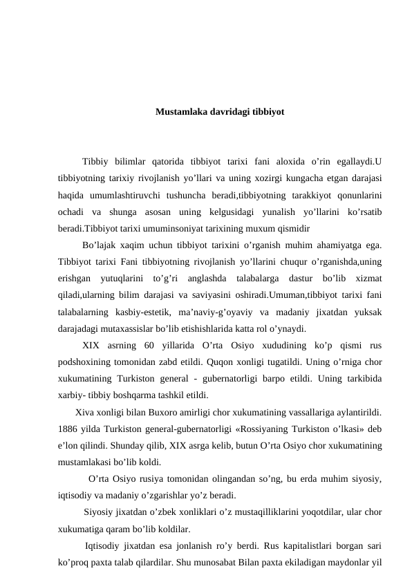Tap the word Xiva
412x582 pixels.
pyautogui.click(x=86, y=413)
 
